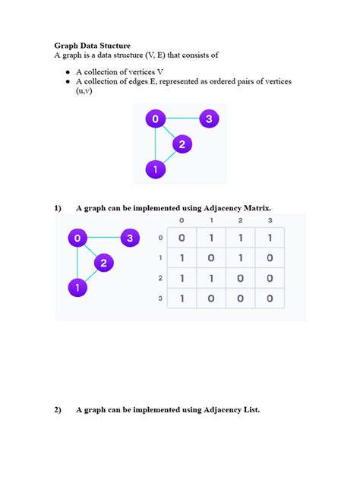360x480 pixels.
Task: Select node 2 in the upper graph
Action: (182, 144)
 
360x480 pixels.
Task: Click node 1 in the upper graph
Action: (155, 169)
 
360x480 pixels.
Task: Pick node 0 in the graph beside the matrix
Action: (77, 238)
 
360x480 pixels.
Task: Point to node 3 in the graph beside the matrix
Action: (130, 238)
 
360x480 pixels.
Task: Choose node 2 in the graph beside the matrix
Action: (104, 264)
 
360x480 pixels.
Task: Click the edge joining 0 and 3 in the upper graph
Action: (182, 119)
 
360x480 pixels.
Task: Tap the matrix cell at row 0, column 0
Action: (182, 238)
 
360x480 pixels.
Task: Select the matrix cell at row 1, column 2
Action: (240, 258)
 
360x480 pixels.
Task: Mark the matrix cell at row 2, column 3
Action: (270, 279)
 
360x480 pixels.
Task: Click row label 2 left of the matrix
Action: (160, 279)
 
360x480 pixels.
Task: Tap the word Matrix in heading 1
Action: (255, 207)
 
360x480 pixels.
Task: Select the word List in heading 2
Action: (250, 410)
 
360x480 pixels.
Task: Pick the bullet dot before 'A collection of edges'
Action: (68, 80)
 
